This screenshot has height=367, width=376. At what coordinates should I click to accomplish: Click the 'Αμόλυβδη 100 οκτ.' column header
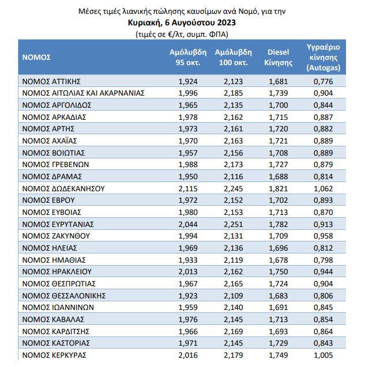pos(232,57)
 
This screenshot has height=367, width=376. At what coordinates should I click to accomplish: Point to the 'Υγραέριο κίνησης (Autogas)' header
pos(324,57)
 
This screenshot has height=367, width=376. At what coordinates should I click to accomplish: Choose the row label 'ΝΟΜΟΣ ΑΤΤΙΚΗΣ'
pos(51,81)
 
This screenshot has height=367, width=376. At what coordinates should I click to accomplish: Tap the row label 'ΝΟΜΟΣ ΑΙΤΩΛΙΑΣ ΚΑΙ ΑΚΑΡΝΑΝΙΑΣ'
pos(82,93)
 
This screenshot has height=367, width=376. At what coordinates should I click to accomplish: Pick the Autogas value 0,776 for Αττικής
pos(323,81)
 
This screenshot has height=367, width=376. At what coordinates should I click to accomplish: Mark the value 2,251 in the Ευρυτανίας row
pos(234,224)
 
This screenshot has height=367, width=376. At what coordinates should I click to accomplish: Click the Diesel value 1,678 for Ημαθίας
pos(278,260)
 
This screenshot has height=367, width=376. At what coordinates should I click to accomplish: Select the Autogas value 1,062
pos(323,188)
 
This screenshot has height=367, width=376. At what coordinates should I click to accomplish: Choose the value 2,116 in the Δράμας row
pos(234,176)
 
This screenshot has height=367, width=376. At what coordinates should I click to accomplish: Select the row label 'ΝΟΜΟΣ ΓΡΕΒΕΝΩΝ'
pos(54,165)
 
